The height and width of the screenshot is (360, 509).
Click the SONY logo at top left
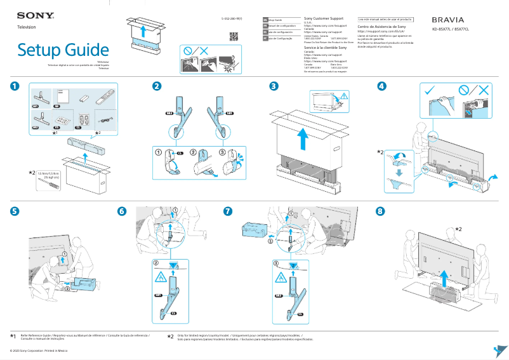[x=35, y=15]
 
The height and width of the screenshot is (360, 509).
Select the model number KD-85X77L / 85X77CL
[x=451, y=30]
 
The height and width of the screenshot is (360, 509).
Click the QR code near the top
[x=234, y=36]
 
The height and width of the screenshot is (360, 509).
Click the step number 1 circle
[x=15, y=86]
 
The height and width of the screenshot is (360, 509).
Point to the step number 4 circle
[x=381, y=86]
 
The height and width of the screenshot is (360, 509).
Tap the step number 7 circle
[x=228, y=211]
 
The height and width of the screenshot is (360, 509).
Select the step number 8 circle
[x=380, y=211]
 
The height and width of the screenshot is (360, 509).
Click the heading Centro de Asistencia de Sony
[x=382, y=27]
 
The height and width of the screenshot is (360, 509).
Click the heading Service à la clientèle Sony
[x=326, y=48]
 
